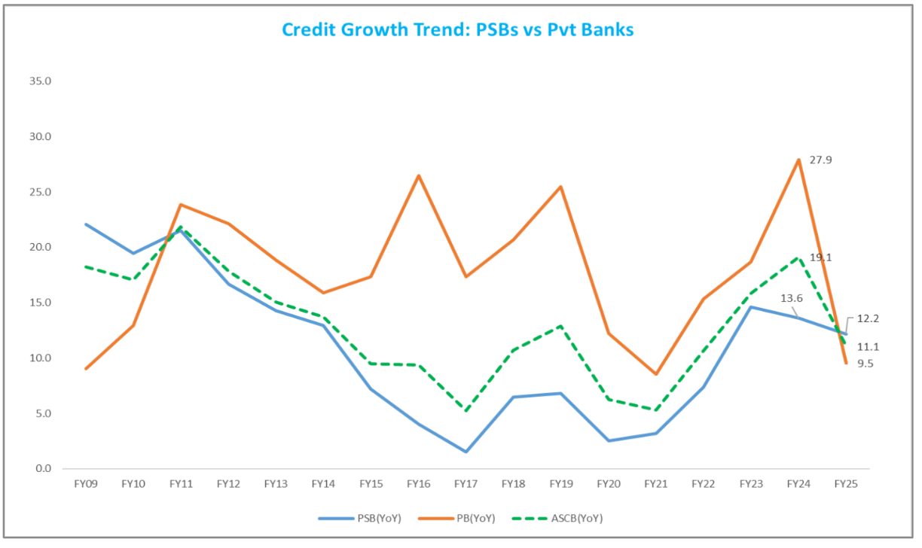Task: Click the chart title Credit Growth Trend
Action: (457, 29)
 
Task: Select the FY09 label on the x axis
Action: (86, 485)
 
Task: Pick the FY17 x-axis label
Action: (466, 485)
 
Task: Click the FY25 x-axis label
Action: (845, 485)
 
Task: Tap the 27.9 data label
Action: (820, 160)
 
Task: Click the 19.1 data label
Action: (820, 257)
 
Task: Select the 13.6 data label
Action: (791, 298)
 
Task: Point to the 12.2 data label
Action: (869, 318)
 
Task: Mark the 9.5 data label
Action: (866, 364)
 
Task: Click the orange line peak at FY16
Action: (418, 175)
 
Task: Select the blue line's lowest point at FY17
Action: (466, 452)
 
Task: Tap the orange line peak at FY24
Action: (798, 160)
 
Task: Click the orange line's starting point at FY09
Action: (86, 369)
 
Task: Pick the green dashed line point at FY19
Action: (560, 326)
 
